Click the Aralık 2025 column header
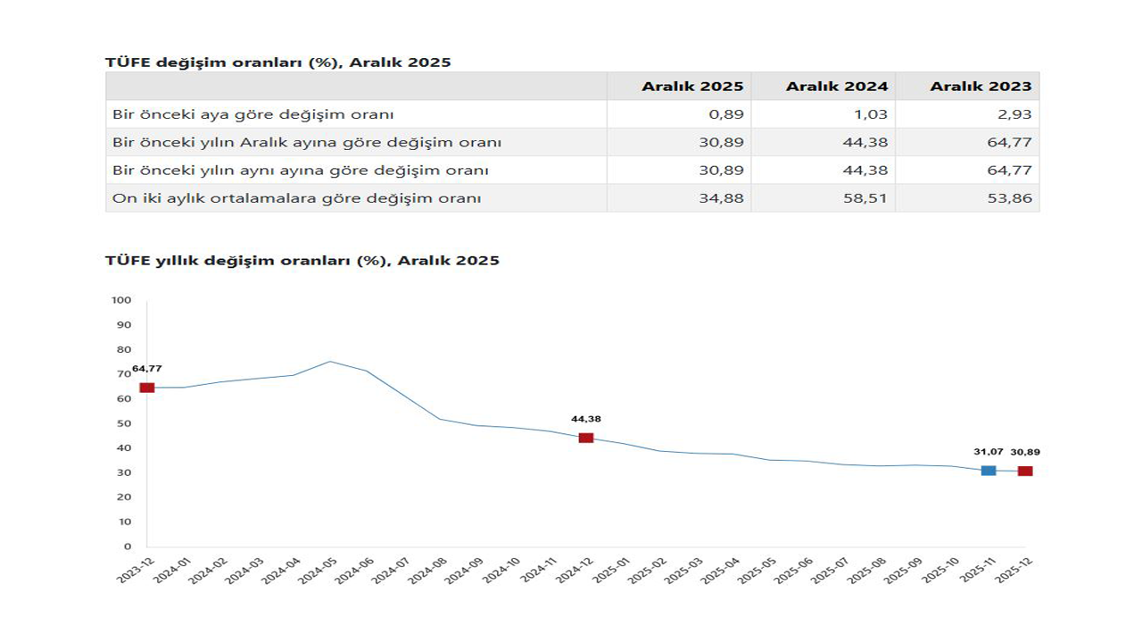691,87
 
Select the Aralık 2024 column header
836,87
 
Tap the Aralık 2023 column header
981,87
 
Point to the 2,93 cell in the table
1016,114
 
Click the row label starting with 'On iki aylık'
296,198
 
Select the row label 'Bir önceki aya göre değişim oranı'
253,114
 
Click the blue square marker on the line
989,470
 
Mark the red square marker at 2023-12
147,388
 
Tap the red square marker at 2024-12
586,438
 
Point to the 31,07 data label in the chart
988,452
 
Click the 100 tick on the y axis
121,300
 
